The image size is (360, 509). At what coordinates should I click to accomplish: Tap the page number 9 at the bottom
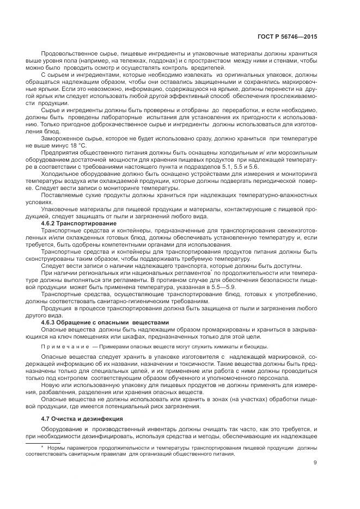click(x=315, y=464)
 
